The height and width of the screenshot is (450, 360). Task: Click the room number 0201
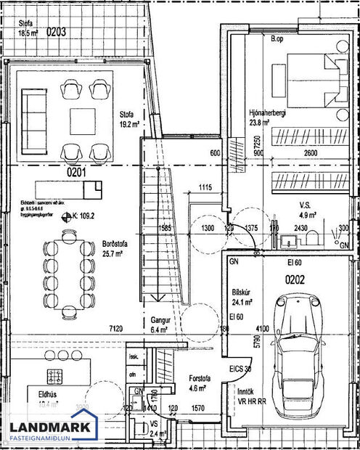[57, 173]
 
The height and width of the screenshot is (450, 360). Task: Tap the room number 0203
[57, 32]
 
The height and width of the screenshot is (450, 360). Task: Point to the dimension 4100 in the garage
[262, 328]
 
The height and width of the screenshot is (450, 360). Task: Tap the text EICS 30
[239, 369]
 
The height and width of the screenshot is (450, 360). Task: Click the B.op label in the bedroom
[277, 38]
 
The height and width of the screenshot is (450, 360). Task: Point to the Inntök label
[241, 391]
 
